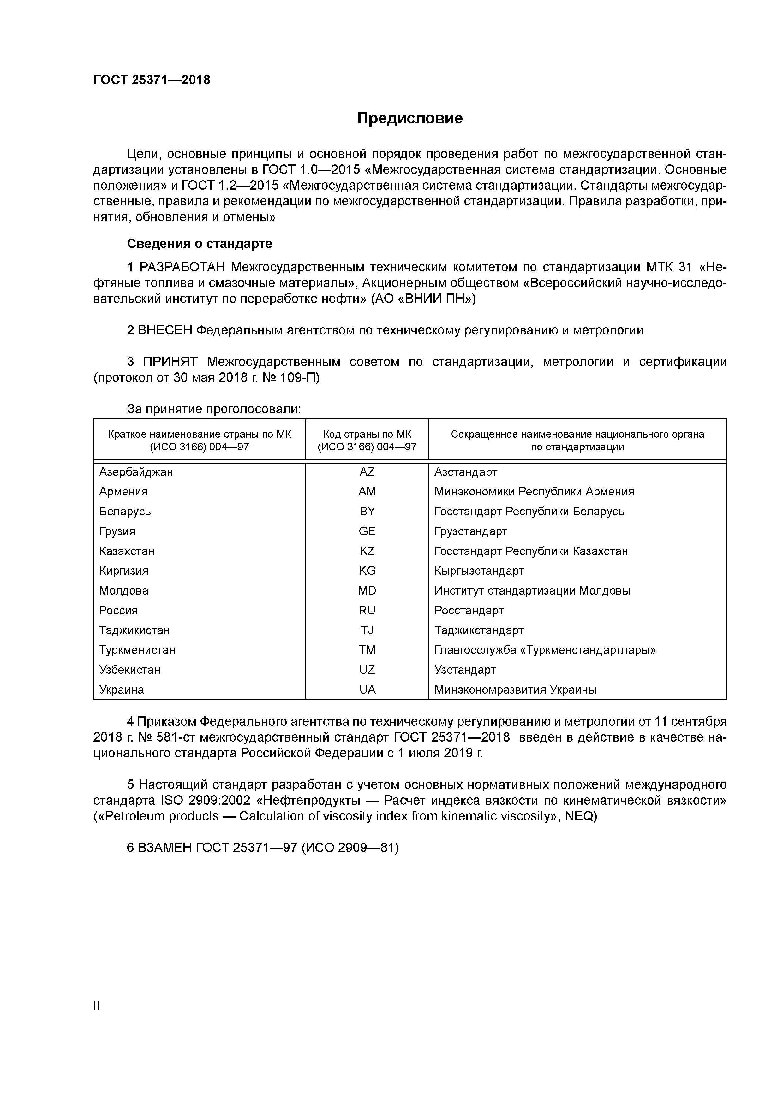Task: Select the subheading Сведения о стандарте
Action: point(199,244)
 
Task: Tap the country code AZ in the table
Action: point(367,472)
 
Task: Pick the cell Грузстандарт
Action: point(470,531)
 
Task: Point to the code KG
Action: point(367,571)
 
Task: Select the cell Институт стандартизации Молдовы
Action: point(532,591)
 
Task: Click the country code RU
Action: point(367,610)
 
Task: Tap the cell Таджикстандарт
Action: point(479,630)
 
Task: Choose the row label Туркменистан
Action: point(137,650)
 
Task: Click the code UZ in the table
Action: point(367,670)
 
